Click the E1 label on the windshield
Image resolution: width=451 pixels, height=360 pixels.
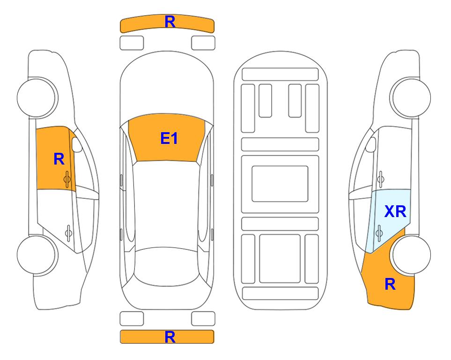[169, 138]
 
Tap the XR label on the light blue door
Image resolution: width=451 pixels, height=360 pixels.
[395, 212]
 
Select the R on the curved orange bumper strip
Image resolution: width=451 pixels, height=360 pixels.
[170, 22]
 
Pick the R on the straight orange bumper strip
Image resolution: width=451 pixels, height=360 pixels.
[170, 337]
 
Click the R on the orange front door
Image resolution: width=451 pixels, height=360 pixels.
[59, 159]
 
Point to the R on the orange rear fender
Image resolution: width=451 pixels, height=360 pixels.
[390, 284]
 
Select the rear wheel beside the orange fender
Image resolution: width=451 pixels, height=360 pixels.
[410, 255]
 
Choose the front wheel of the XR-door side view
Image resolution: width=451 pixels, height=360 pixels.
[410, 97]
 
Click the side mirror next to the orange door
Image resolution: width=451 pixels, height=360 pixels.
[77, 144]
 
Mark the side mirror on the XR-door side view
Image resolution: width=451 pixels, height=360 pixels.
[371, 144]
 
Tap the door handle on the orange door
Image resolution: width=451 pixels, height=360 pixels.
[67, 179]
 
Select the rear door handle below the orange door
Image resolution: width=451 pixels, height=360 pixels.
[68, 232]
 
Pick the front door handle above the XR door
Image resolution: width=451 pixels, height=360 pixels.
[381, 179]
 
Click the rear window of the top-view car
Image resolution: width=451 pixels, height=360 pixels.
[167, 266]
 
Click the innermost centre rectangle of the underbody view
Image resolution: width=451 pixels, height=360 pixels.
[280, 184]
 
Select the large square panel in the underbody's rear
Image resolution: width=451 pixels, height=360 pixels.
[280, 259]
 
